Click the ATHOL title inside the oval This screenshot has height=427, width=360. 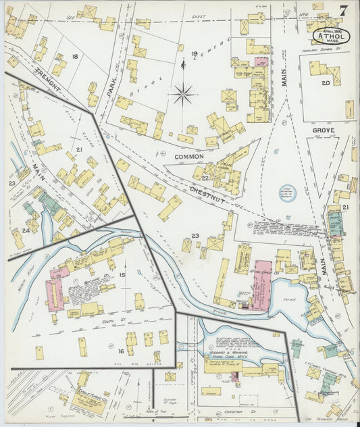pos(331,36)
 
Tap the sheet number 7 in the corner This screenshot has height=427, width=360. pos(344,11)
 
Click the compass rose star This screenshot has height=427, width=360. pos(183,94)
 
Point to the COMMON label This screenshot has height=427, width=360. pos(189,156)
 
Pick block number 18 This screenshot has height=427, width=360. pos(75,56)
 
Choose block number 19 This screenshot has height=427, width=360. pos(194,54)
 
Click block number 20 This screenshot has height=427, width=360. pos(325,82)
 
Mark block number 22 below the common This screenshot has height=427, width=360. pos(203,177)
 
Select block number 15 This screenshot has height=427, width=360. pos(122,274)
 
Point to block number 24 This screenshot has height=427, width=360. pos(26,230)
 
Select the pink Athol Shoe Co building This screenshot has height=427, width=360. pos(261,284)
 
